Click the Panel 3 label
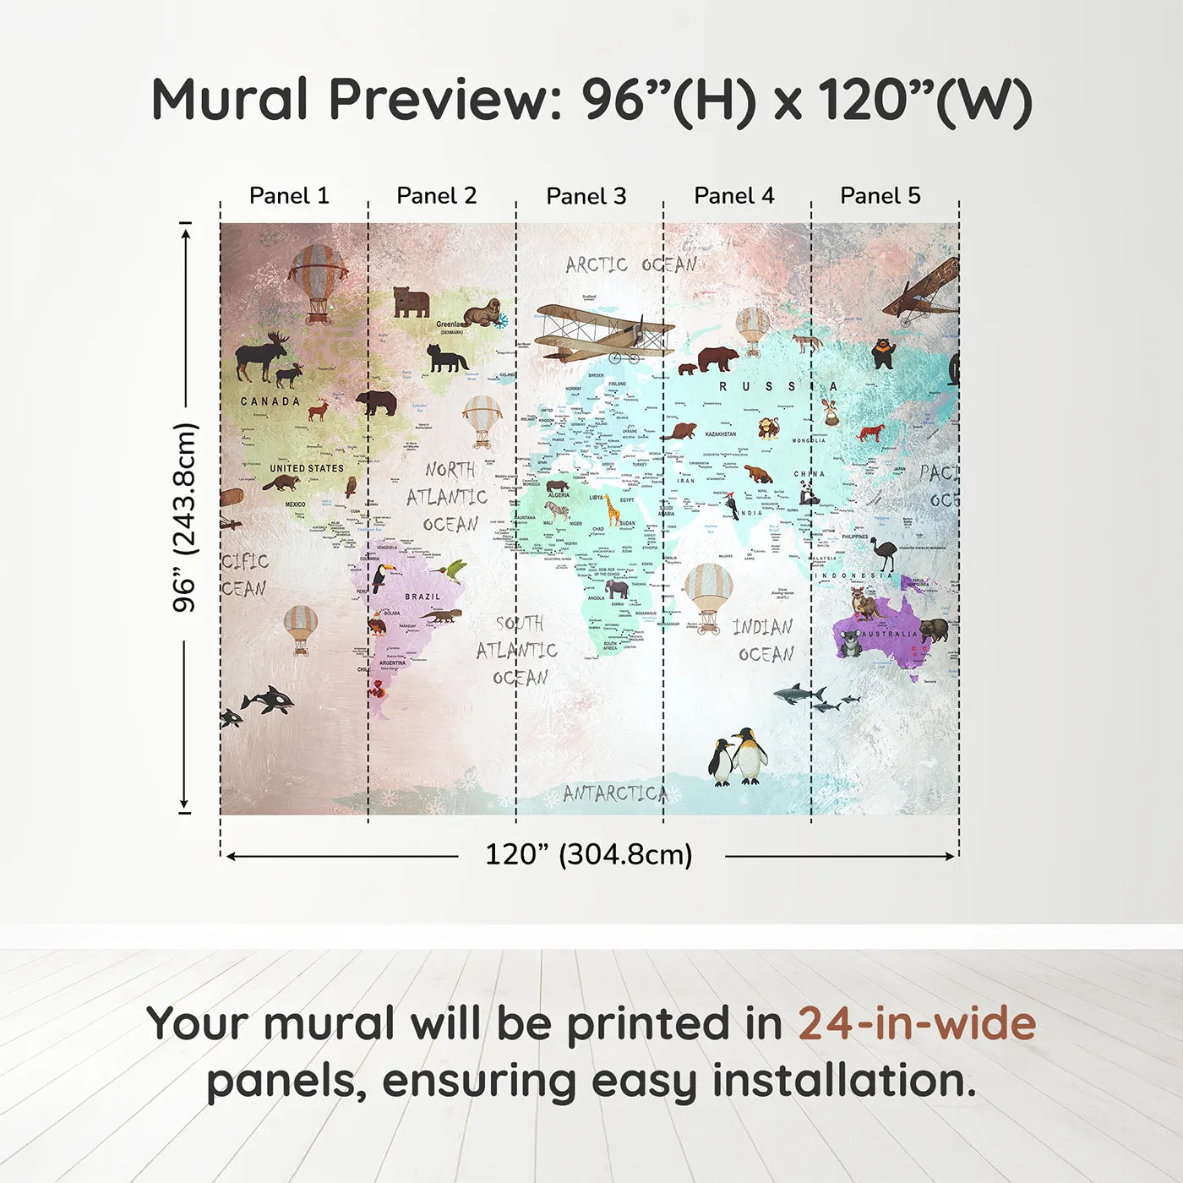(x=586, y=196)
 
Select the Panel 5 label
(x=880, y=195)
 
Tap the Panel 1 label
(x=289, y=195)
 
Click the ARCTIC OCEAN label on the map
(x=631, y=264)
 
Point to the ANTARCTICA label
(x=615, y=793)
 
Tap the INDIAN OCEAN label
(x=764, y=640)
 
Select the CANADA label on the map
(x=270, y=401)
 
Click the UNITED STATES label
(x=307, y=468)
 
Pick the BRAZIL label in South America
(x=422, y=597)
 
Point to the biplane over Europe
(x=603, y=332)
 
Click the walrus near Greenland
(x=482, y=313)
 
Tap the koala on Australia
(x=848, y=643)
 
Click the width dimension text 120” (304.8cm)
(x=589, y=854)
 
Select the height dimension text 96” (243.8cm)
(x=184, y=517)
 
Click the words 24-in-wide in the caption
(x=917, y=1023)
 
